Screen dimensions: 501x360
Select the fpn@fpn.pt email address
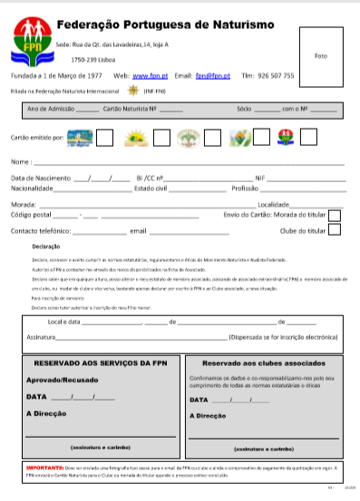coord(213,76)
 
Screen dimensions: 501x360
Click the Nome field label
coord(21,161)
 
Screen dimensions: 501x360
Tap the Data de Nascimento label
coord(41,178)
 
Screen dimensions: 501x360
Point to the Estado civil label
coord(151,188)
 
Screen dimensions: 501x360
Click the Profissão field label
coord(246,188)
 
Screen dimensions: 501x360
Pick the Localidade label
coord(274,206)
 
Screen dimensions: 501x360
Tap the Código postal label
coord(31,215)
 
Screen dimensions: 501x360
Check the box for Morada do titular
coord(334,215)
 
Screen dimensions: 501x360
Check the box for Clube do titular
coord(334,232)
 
